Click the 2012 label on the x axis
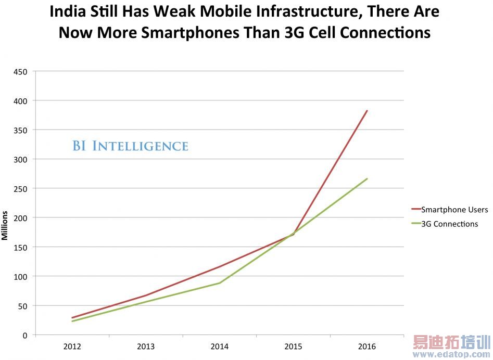point(72,346)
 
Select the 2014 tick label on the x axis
point(220,346)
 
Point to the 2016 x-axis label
point(367,346)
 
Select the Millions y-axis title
point(5,225)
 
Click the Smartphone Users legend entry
point(454,210)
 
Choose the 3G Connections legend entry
point(449,224)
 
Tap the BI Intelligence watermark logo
point(130,146)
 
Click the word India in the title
point(67,11)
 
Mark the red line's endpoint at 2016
point(367,110)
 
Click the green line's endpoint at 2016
point(367,179)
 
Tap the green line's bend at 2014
point(220,283)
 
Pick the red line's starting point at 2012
point(72,318)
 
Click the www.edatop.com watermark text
point(452,355)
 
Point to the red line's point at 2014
point(220,267)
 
